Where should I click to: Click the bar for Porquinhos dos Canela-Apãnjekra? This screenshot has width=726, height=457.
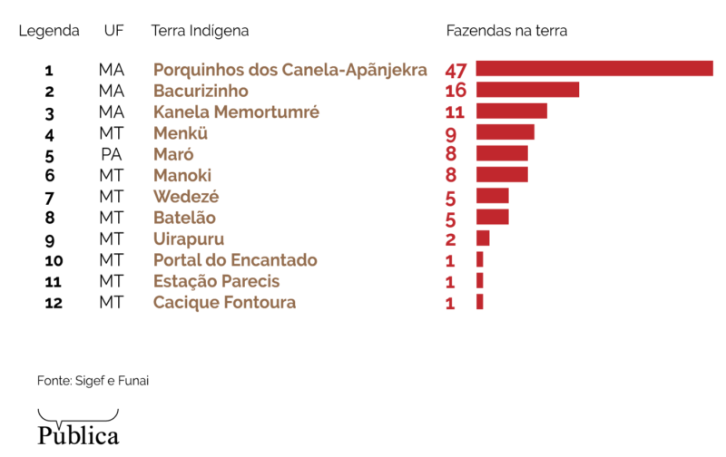pos(594,69)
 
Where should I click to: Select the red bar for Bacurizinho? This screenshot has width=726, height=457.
pos(527,90)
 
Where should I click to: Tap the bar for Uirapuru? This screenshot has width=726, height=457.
pos(483,238)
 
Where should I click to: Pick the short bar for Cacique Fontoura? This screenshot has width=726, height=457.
pos(479,302)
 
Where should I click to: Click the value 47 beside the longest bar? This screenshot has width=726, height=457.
pos(456,70)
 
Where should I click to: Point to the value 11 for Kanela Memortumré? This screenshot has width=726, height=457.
pos(455,112)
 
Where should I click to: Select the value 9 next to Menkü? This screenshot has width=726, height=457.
pos(450,134)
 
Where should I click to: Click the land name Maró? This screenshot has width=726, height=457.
pos(173,154)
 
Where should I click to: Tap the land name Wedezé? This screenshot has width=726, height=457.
pos(186,197)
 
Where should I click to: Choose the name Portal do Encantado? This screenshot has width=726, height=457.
pos(235,260)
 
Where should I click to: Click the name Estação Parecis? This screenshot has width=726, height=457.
pos(216,281)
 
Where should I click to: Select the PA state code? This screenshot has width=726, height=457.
pos(111,154)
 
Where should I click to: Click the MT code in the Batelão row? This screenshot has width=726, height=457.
pos(111,218)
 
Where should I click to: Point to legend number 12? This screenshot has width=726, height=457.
pos(53,304)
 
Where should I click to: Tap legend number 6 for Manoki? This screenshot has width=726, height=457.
pos(49,176)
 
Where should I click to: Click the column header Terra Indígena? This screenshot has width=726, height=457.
pos(200,31)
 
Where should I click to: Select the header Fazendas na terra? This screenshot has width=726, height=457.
pos(506,31)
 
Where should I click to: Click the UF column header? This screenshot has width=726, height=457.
pos(114,31)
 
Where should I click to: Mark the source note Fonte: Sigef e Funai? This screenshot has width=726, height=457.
pos(93,381)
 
